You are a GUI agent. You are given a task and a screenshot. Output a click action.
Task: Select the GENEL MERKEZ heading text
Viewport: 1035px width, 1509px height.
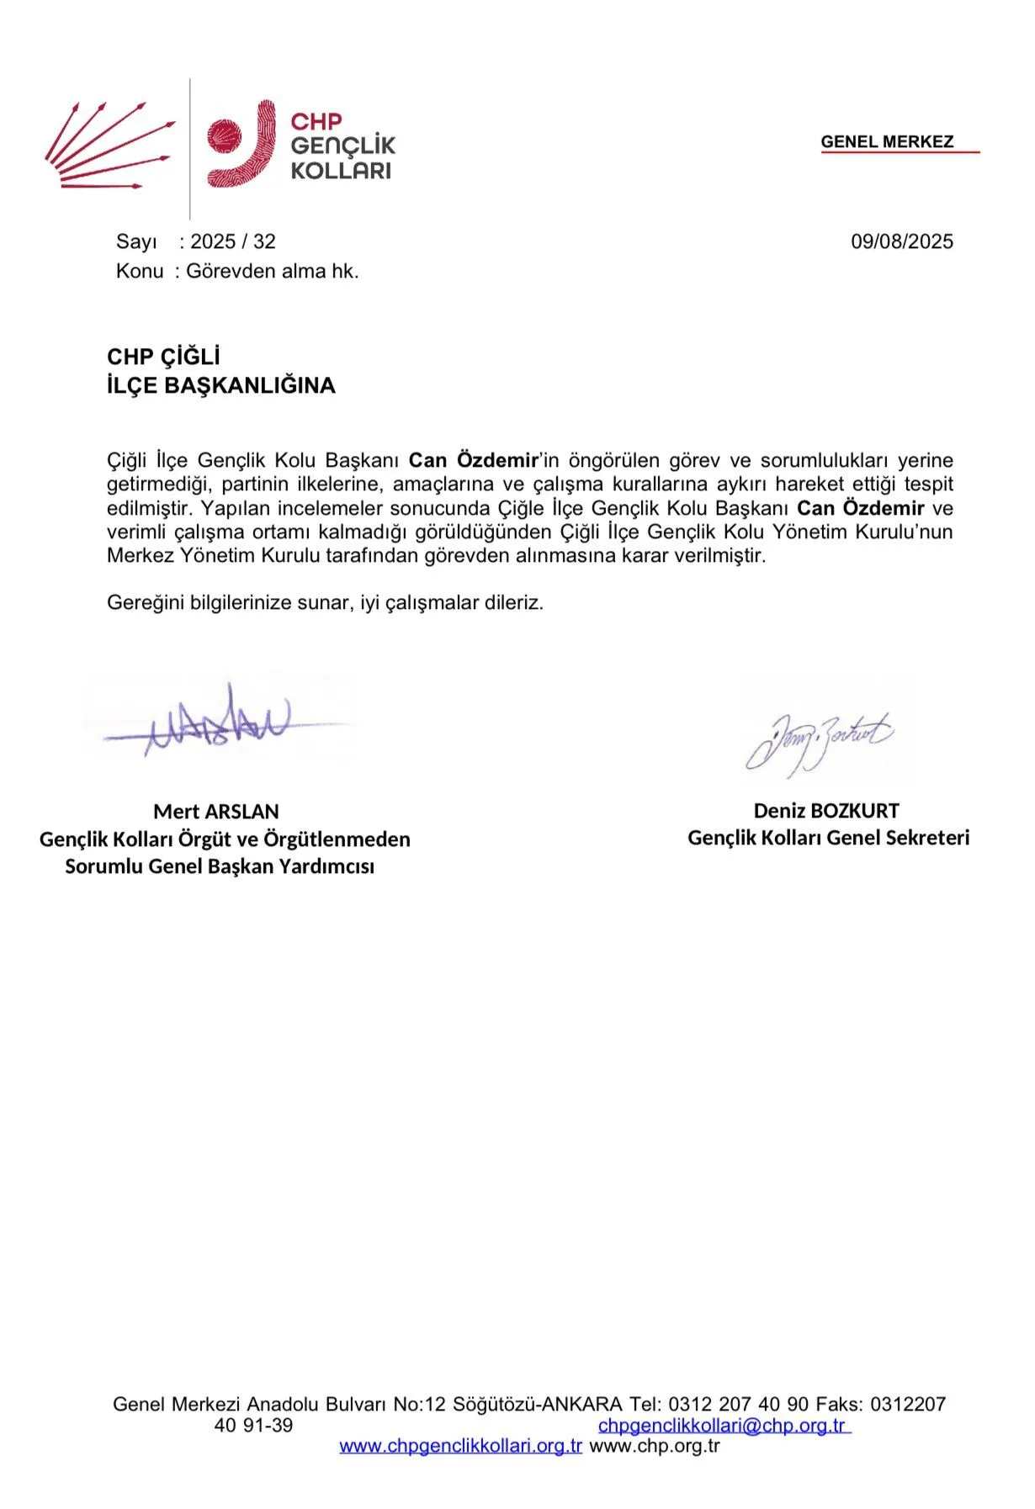click(x=887, y=142)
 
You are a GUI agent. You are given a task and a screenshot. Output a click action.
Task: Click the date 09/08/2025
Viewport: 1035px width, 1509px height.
click(x=901, y=242)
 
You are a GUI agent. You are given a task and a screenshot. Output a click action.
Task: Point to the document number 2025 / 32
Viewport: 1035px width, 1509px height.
click(x=233, y=242)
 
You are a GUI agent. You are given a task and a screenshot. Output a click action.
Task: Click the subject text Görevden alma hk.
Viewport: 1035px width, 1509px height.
click(x=273, y=272)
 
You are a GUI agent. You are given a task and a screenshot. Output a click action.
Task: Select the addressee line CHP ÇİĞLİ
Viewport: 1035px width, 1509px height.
click(x=163, y=357)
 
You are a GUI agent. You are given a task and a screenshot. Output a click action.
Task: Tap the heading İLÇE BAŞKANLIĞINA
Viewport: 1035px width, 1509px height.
click(x=221, y=386)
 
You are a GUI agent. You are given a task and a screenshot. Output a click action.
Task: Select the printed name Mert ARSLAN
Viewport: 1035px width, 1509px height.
click(x=216, y=812)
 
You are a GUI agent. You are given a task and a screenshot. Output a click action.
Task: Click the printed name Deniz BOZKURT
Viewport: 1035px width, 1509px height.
click(x=826, y=811)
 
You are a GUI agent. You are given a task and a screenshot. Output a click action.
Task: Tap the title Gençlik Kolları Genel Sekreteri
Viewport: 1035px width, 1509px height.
click(x=828, y=838)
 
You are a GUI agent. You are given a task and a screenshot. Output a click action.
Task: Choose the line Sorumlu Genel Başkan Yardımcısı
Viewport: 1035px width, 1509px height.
click(x=220, y=866)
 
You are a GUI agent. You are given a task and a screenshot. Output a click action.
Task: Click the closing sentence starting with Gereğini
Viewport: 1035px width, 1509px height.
click(x=325, y=603)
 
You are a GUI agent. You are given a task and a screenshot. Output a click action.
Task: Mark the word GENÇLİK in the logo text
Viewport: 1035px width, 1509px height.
click(x=342, y=146)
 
